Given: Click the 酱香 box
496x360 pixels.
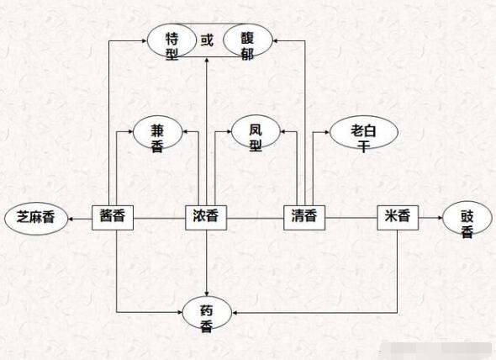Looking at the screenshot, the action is click(x=113, y=218).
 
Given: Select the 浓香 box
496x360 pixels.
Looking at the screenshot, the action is click(x=206, y=218).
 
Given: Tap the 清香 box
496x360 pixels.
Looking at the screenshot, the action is click(x=304, y=218).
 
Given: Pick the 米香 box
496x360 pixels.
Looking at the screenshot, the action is click(x=398, y=218).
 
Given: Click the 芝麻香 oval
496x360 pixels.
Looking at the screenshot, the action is click(x=36, y=219).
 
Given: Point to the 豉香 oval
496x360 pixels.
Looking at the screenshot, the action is click(x=467, y=218).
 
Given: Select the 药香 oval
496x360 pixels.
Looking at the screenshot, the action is click(x=207, y=313).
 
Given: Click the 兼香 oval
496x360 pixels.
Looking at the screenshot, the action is click(x=158, y=132).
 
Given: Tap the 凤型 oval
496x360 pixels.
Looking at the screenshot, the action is click(x=256, y=131).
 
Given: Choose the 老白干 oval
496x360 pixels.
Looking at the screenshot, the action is click(x=364, y=132).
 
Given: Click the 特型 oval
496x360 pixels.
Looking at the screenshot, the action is click(x=171, y=40).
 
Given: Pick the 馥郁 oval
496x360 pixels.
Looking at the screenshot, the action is click(x=248, y=40).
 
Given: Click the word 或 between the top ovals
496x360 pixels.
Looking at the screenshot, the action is click(x=207, y=40).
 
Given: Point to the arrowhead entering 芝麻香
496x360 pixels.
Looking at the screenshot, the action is click(x=71, y=219).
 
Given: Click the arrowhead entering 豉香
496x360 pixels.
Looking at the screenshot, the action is click(x=440, y=218).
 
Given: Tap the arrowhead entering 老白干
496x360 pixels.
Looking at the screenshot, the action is click(x=327, y=132).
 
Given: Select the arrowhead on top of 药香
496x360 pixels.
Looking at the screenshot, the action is click(x=207, y=294).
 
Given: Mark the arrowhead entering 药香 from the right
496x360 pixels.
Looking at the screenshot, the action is click(x=235, y=313).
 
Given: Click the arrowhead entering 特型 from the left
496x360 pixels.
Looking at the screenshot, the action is click(x=145, y=40).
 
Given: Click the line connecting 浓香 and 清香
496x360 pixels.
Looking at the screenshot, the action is click(x=256, y=218).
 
